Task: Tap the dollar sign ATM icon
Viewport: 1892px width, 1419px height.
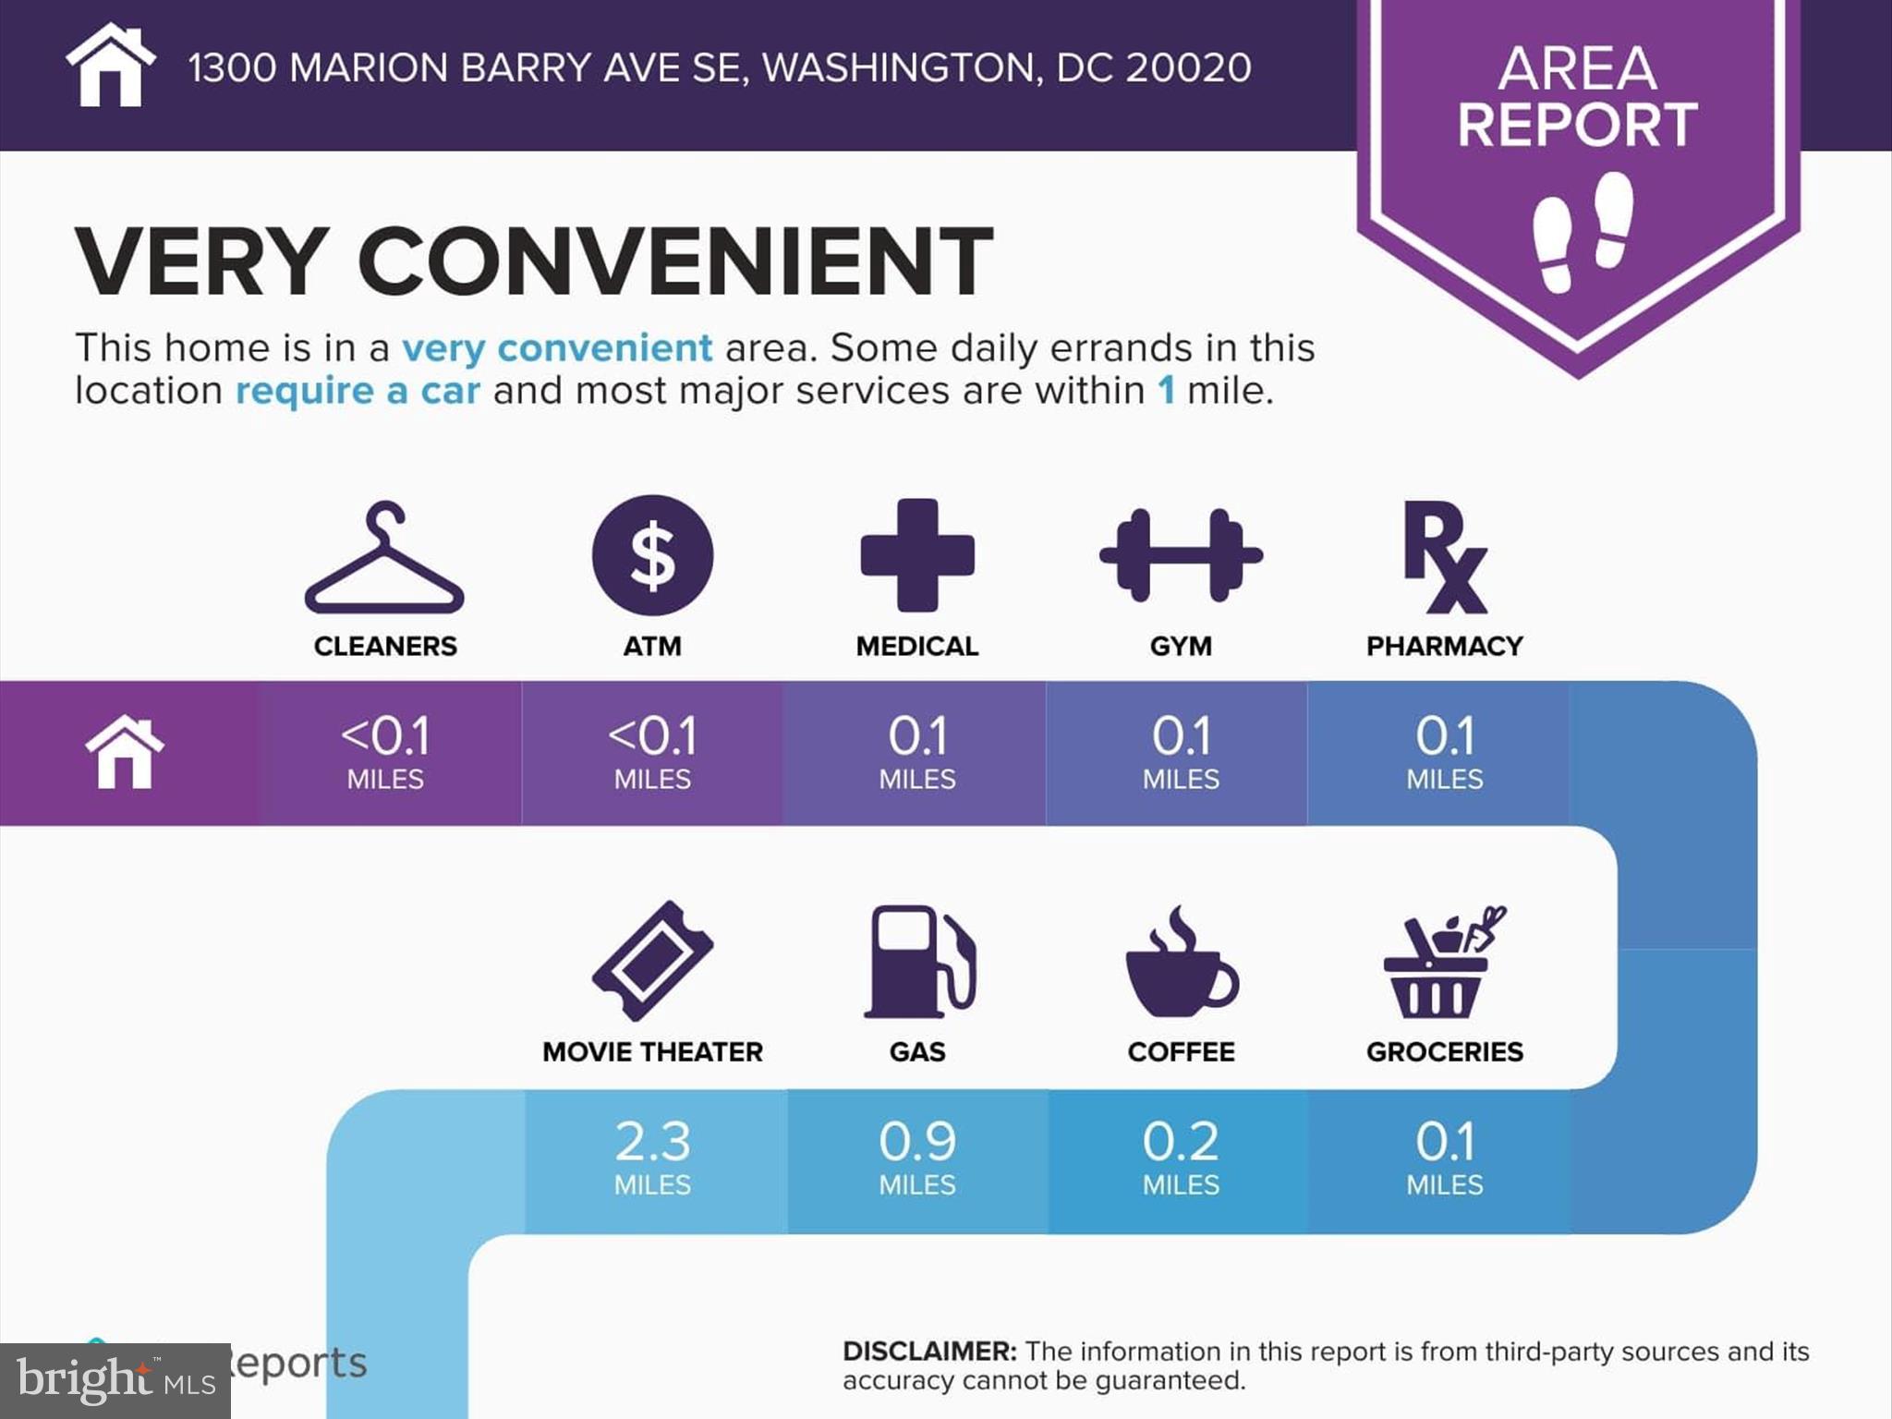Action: click(652, 555)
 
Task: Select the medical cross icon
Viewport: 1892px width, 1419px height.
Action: click(917, 555)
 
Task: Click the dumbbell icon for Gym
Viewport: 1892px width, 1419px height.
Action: click(1181, 555)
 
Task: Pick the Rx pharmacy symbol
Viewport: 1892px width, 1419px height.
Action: click(1444, 557)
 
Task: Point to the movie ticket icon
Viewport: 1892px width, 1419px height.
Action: click(652, 961)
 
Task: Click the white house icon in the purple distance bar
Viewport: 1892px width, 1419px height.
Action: click(125, 752)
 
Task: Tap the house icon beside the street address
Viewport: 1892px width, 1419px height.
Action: click(110, 66)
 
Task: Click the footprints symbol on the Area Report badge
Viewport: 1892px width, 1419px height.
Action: click(1582, 231)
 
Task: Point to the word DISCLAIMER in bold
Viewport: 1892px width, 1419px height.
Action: click(929, 1351)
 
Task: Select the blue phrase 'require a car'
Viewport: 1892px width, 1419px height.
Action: click(358, 391)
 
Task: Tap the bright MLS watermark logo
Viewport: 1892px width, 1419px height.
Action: click(115, 1380)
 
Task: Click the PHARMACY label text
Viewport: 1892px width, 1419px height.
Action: click(1444, 646)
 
